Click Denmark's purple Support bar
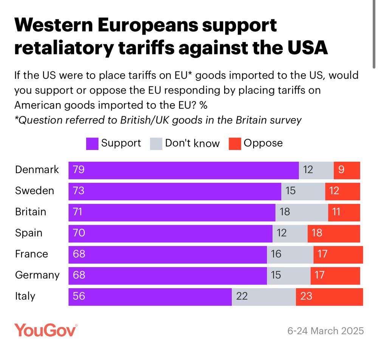(183, 170)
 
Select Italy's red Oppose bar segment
(329, 297)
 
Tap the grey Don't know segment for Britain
(302, 212)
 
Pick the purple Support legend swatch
(92, 144)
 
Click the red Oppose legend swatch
(235, 144)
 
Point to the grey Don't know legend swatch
(156, 144)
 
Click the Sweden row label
(34, 191)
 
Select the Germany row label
(37, 275)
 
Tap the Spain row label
(29, 233)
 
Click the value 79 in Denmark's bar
(79, 170)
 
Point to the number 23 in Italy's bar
(306, 297)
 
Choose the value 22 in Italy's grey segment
(242, 297)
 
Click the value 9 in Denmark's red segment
(341, 170)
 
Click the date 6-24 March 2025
(325, 331)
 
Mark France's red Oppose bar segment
(338, 255)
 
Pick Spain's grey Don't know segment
(290, 233)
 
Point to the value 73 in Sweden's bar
(79, 191)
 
